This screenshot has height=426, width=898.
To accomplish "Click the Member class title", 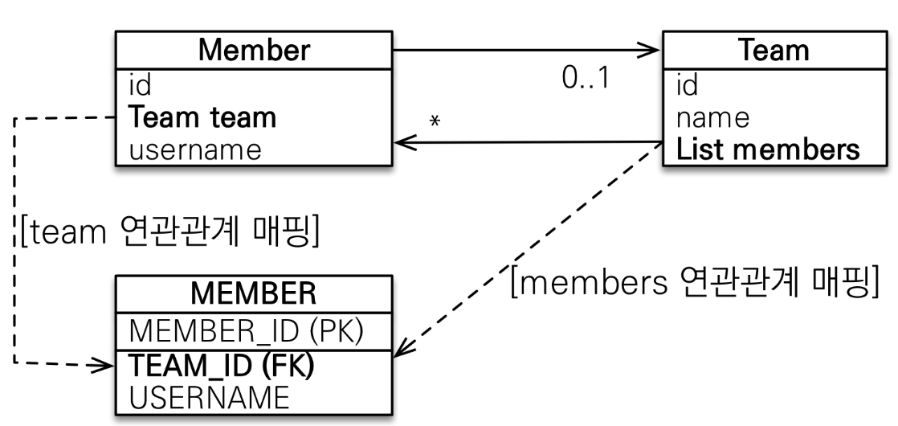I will [254, 51].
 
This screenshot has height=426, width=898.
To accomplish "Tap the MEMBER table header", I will [255, 294].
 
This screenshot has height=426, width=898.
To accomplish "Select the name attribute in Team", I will [712, 117].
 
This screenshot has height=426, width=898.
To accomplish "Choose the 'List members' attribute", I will [767, 150].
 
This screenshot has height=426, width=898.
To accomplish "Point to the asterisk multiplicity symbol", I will [435, 121].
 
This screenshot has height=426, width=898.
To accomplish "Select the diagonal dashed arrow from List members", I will [530, 249].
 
